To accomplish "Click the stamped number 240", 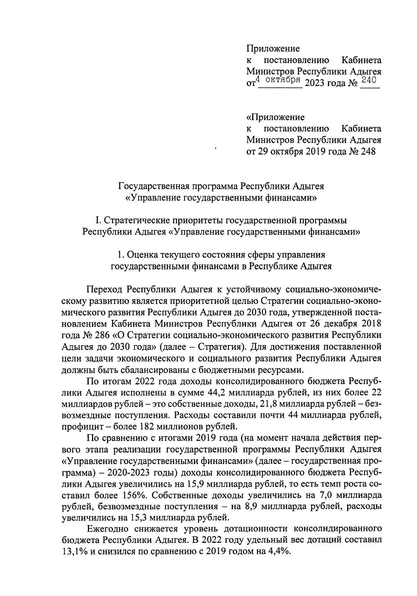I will coord(369,80).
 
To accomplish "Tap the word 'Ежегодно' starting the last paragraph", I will coord(107,530).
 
